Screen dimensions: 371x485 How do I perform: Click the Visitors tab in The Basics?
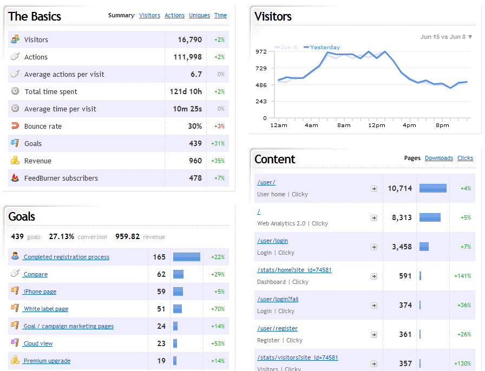[149, 16]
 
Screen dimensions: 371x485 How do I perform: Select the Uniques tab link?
[199, 16]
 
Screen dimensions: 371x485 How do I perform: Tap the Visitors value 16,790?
[189, 39]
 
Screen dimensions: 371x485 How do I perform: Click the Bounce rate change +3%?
[219, 126]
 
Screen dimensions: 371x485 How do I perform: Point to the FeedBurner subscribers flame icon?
[15, 178]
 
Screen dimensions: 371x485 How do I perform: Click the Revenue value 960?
[195, 161]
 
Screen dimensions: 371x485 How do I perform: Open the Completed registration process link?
[67, 257]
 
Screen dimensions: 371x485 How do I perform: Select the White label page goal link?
[46, 309]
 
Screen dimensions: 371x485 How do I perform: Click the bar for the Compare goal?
[178, 274]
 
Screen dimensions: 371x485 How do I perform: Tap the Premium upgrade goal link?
[47, 361]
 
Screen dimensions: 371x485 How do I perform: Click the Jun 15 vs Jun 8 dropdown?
[446, 37]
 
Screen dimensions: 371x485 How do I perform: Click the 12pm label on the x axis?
[376, 125]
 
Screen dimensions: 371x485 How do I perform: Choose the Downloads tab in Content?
[438, 158]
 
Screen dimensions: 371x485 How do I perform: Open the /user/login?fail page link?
[278, 299]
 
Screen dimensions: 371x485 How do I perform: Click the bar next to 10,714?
[433, 188]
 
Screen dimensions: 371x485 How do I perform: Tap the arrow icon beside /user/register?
[373, 334]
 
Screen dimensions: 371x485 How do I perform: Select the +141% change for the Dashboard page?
[462, 276]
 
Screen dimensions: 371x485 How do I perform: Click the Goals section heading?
[22, 216]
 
